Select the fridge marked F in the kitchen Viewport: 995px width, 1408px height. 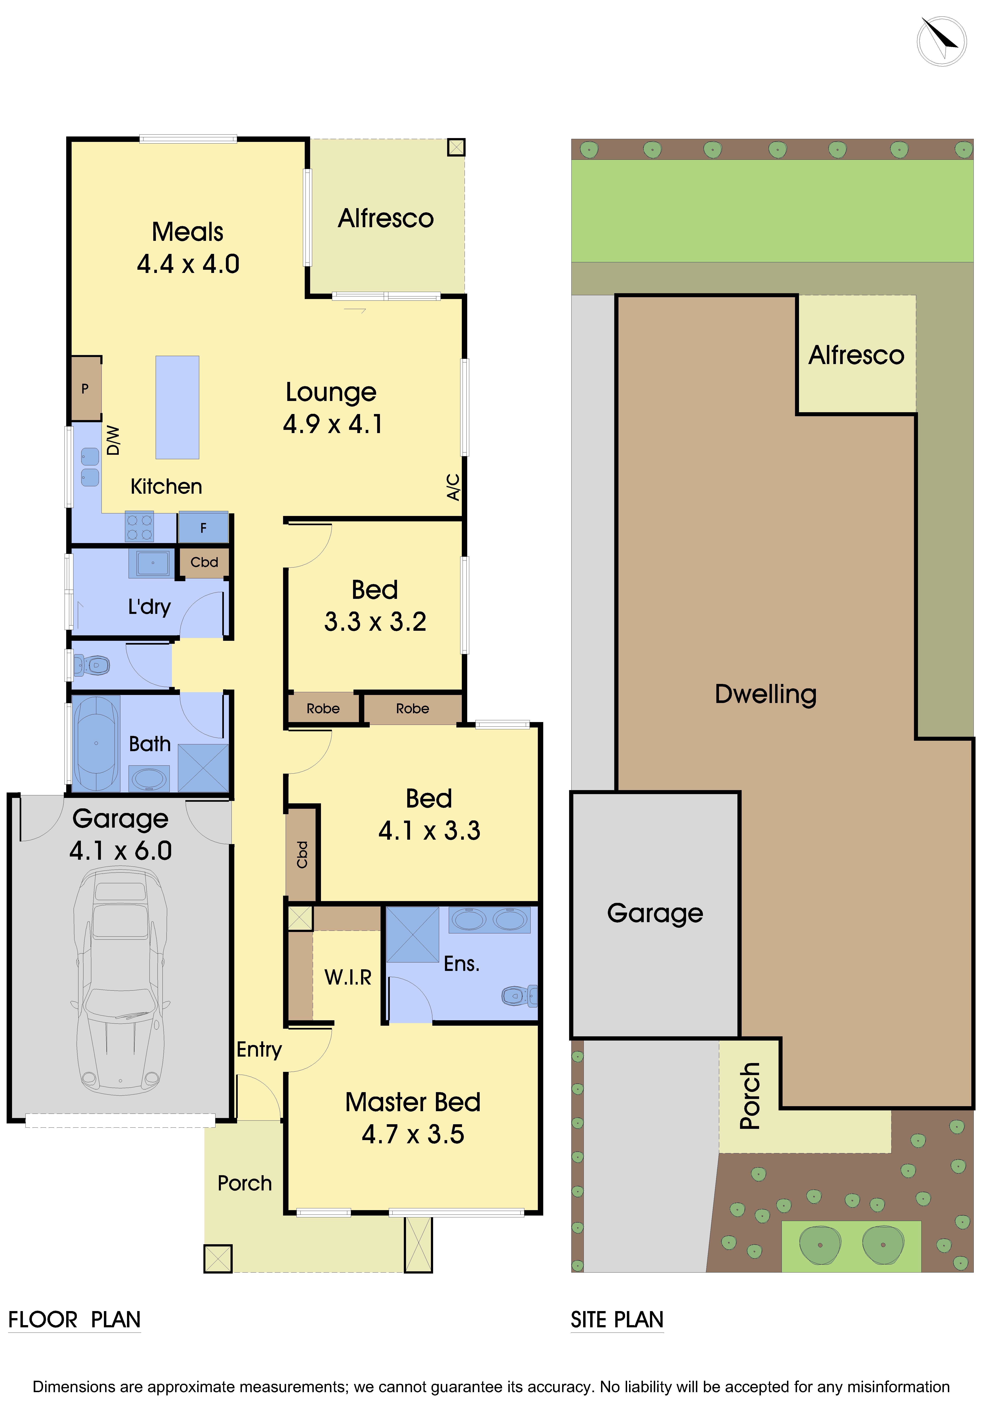[x=203, y=527]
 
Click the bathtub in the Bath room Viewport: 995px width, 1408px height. [x=96, y=743]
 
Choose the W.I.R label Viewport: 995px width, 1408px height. [x=348, y=978]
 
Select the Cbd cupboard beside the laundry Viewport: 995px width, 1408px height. [x=204, y=562]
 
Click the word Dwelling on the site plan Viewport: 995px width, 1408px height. [x=766, y=694]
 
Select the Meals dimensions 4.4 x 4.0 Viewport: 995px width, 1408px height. [x=188, y=264]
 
